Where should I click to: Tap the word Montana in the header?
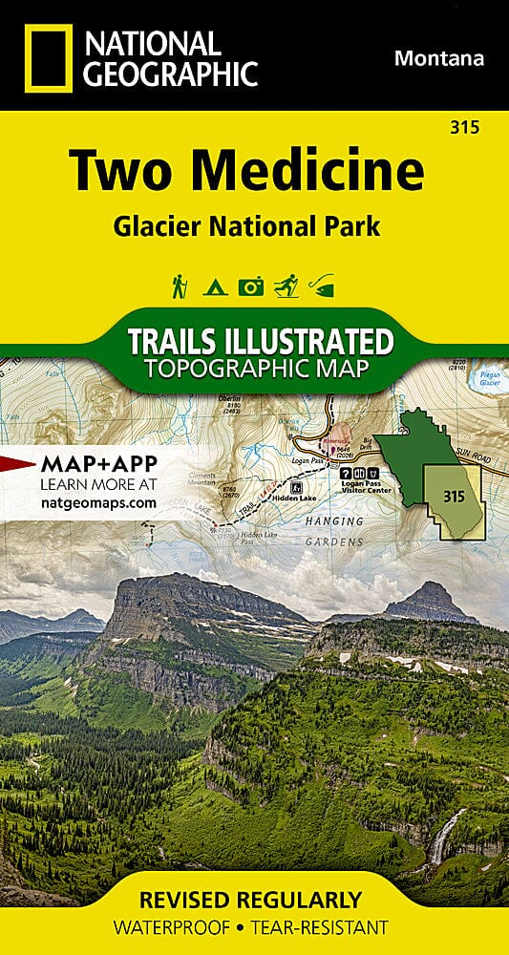point(438,58)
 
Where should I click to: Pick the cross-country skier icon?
point(286,285)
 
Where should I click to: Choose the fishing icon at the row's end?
point(324,285)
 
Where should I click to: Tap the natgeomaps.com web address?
point(98,501)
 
